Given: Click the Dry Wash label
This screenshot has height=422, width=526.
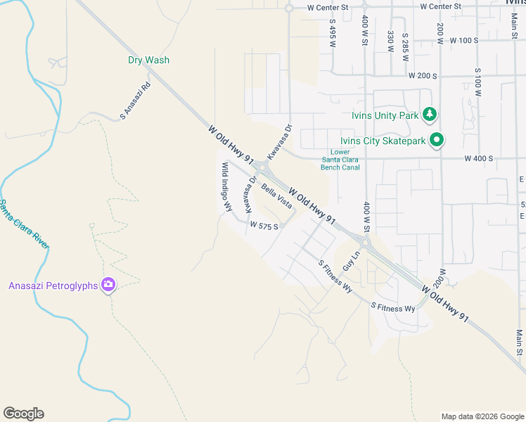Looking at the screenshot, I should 148,60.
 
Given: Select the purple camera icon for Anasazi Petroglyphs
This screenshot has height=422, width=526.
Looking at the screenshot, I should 108,285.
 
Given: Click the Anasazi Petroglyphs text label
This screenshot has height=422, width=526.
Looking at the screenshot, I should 53,286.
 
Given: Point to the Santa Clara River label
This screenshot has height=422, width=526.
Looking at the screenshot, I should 24,224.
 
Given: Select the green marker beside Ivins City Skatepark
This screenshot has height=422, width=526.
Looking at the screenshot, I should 437,141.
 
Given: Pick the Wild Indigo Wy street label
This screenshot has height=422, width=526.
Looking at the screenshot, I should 226,187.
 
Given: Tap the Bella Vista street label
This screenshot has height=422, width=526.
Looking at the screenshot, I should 276,195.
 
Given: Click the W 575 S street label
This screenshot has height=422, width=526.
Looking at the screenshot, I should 264,226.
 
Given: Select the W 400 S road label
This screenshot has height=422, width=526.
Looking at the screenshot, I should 478,159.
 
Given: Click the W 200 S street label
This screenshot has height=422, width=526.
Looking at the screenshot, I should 423,75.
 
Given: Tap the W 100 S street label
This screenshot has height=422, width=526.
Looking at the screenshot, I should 462,40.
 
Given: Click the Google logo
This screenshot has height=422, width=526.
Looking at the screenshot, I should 23,414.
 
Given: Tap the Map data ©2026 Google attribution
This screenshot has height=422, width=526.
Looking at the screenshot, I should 482,416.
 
